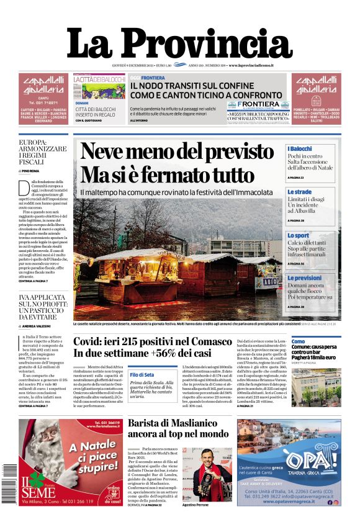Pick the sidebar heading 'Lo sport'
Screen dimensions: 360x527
[298, 236]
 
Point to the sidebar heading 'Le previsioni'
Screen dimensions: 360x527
[304, 278]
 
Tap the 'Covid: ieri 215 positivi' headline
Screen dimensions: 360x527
[153, 343]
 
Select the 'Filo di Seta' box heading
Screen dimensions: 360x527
[142, 375]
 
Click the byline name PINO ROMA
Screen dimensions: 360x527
[30, 170]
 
